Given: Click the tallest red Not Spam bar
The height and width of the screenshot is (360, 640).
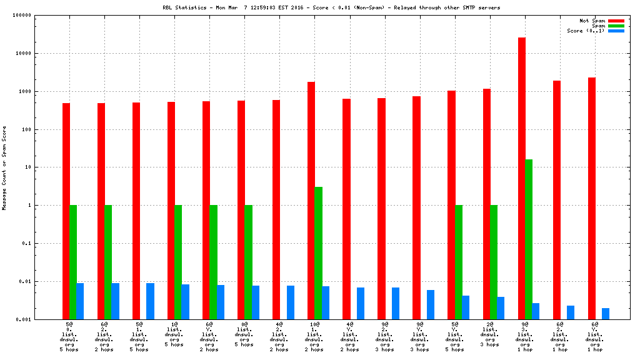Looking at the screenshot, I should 522,178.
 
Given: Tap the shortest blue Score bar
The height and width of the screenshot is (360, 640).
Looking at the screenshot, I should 606,313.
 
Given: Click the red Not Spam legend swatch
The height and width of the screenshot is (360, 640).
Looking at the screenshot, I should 616,21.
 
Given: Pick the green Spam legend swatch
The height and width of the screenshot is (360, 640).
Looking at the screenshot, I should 616,26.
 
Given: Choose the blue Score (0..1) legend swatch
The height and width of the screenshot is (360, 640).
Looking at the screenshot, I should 616,31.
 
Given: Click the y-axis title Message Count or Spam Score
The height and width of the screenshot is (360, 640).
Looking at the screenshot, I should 5,167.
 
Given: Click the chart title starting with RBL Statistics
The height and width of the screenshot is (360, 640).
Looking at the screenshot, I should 331,7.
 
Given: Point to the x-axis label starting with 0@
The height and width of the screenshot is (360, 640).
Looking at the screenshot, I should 244,336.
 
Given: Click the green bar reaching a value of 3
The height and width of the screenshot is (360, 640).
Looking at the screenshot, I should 319,252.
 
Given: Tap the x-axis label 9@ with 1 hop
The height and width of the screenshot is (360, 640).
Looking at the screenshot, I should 524,336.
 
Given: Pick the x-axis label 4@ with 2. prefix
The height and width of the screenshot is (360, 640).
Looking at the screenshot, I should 279,336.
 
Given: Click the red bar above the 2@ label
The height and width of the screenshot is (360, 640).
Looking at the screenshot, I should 487,204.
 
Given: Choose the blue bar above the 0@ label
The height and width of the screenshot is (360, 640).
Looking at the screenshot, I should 256,302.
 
